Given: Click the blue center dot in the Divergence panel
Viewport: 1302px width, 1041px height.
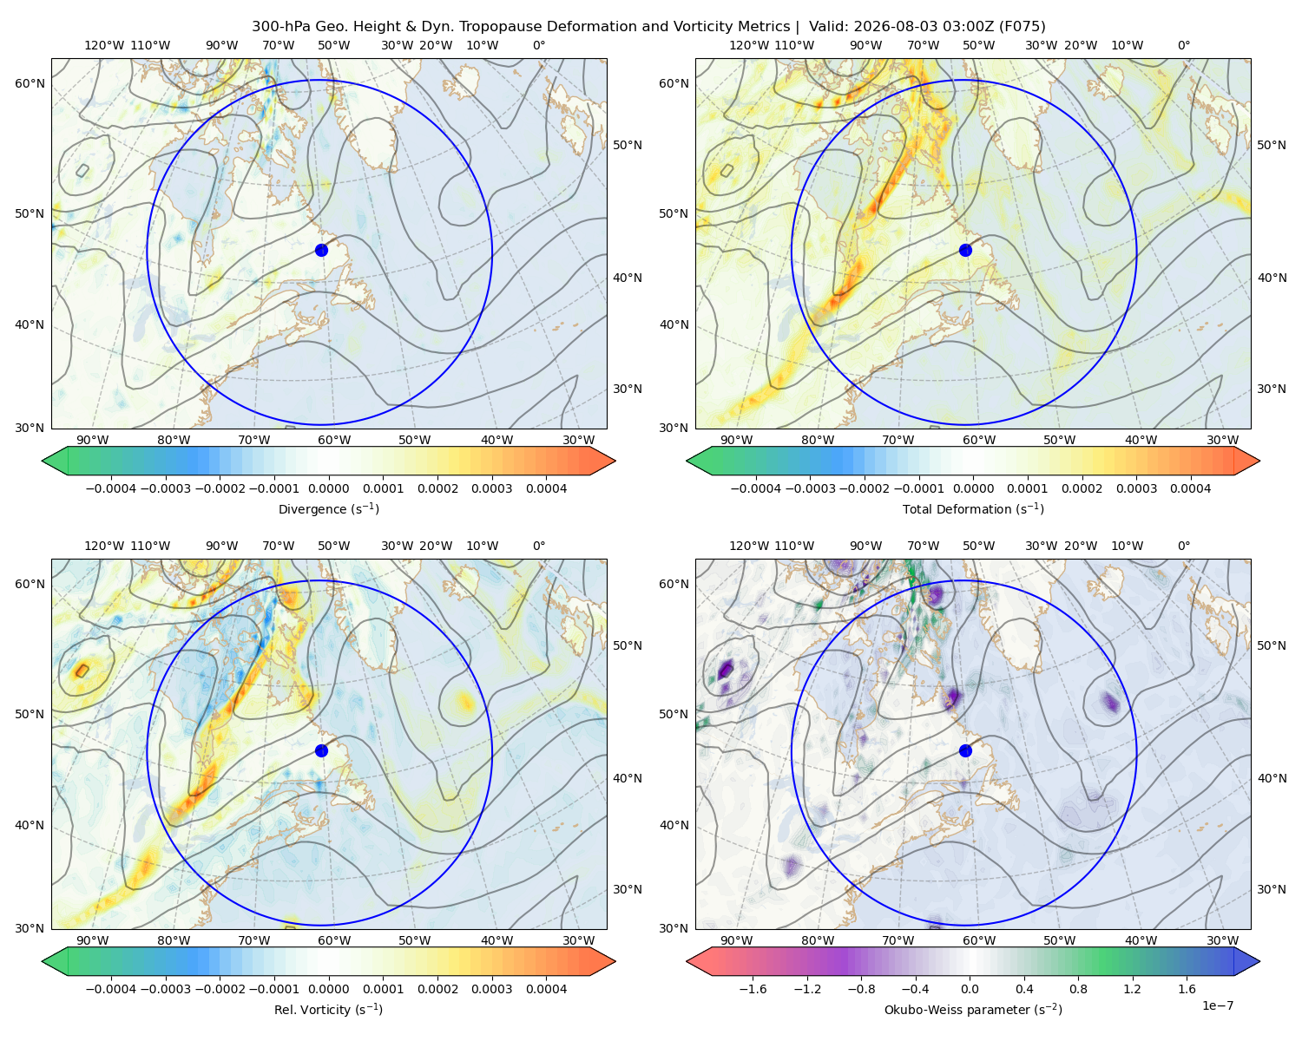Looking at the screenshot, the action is [x=321, y=250].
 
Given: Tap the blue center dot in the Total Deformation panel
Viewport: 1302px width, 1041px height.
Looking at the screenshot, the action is [x=965, y=250].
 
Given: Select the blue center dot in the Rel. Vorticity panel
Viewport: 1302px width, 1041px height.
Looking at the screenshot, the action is [x=321, y=750].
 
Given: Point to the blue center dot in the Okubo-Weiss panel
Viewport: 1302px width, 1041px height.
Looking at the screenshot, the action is [x=965, y=750].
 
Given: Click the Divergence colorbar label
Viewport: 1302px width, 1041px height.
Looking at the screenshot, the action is [x=328, y=508].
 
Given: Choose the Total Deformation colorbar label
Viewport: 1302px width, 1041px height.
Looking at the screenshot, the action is [x=973, y=508].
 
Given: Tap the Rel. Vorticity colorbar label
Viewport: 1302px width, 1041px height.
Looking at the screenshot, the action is [x=328, y=1010].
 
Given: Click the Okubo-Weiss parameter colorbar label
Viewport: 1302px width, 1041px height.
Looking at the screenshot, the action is [x=973, y=1010].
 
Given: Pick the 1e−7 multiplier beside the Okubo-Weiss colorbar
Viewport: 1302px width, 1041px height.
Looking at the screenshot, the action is [x=1217, y=1005].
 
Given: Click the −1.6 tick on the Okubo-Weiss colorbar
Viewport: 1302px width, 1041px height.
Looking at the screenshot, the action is [x=753, y=988].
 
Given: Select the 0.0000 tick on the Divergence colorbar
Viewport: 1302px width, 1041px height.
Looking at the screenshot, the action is [x=328, y=488].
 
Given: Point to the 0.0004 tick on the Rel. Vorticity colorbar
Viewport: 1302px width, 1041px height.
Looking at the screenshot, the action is [x=546, y=988].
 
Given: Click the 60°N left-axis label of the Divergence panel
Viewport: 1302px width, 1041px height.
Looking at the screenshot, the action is [x=30, y=83].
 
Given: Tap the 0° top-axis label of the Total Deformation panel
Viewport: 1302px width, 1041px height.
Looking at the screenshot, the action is [x=1183, y=45].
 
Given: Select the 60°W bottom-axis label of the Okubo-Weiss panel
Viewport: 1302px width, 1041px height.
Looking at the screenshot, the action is [x=978, y=940].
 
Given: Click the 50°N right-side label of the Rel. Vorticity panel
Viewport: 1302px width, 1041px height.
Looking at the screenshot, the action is [x=628, y=645].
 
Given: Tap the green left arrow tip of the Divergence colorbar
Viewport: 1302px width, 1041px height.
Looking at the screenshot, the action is [x=43, y=461].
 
